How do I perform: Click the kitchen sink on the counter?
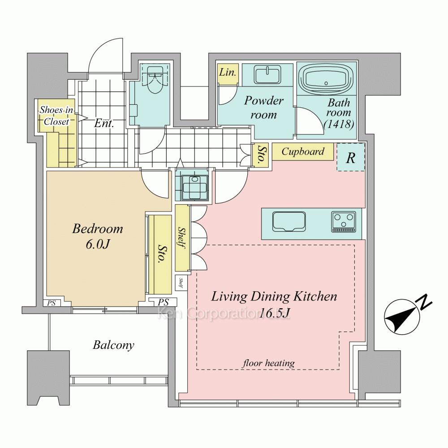[x=289, y=222]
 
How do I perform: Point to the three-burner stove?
[x=344, y=222]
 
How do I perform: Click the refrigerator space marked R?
[x=351, y=157]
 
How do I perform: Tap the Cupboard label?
[x=303, y=151]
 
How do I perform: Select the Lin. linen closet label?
[x=228, y=73]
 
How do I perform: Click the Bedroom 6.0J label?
[x=98, y=236]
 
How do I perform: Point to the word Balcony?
[x=113, y=345]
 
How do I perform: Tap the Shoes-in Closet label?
[x=56, y=116]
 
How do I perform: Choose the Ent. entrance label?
[x=104, y=124]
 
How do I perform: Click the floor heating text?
[x=268, y=363]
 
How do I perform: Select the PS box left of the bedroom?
[x=52, y=303]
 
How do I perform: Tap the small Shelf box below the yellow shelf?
[x=181, y=282]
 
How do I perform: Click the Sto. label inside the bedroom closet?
[x=161, y=254]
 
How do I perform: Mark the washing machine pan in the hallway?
[x=194, y=184]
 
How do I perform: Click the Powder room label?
[x=263, y=108]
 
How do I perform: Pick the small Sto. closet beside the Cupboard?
[x=261, y=155]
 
